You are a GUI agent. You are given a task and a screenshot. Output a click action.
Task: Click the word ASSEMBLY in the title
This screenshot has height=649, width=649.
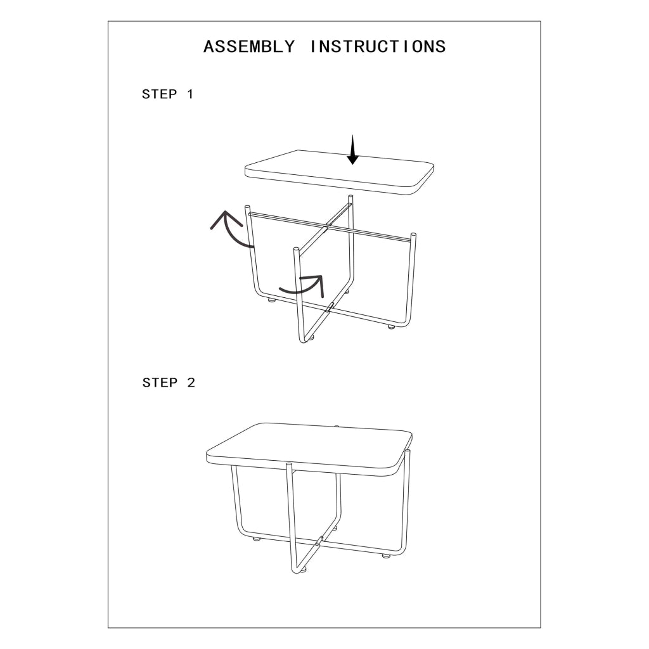point(249,46)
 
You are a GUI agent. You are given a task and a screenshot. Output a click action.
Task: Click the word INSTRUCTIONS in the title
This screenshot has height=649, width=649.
point(378,46)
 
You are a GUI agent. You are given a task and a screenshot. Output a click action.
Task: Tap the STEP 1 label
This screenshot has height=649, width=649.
point(167,94)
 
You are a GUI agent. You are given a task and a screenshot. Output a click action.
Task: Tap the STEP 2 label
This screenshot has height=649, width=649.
point(169,382)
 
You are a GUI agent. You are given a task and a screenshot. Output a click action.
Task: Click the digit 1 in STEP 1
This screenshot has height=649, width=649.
point(190,94)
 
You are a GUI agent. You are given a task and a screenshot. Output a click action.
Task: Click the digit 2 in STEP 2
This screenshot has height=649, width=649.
point(191,382)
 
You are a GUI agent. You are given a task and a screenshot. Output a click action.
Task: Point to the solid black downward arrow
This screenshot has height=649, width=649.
point(352,150)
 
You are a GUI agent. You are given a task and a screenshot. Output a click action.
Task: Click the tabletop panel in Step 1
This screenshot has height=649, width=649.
point(340,172)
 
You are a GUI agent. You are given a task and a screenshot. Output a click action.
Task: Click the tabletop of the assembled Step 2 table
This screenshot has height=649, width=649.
point(309,449)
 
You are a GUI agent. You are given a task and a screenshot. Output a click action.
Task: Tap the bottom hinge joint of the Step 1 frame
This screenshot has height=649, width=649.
point(330,307)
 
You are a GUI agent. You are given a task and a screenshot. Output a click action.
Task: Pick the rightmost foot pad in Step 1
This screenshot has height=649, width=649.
point(391,327)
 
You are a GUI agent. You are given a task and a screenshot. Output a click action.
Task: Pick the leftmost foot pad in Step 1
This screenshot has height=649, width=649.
point(271,300)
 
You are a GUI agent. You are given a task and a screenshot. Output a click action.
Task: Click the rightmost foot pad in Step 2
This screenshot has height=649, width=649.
point(386,556)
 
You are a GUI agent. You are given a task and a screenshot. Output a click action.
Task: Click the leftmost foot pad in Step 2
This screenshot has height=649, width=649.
point(257,539)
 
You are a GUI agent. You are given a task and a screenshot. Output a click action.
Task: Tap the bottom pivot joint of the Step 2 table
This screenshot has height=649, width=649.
point(319,540)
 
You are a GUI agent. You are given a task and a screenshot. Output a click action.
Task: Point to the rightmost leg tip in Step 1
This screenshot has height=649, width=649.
point(413,236)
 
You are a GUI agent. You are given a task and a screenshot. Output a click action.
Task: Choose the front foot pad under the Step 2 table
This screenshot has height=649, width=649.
point(304,570)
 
